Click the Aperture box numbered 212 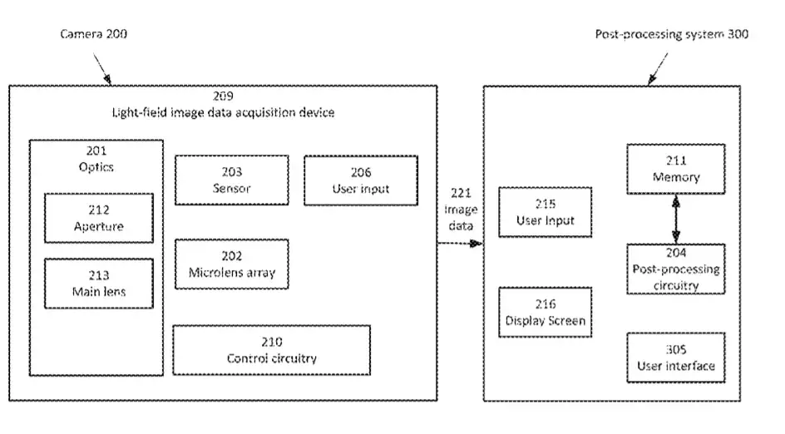[x=99, y=219]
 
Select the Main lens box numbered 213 [x=99, y=284]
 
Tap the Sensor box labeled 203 [x=232, y=180]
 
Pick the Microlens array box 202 [x=232, y=264]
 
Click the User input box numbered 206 [x=361, y=180]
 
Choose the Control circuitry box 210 [x=272, y=350]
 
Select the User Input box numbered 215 [x=546, y=212]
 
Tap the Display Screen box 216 [x=546, y=313]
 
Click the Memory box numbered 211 [x=676, y=170]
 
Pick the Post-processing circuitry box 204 [x=676, y=269]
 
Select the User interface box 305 [x=676, y=358]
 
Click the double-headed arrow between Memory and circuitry [x=676, y=219]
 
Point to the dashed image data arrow [x=460, y=244]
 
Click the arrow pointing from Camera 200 [x=102, y=68]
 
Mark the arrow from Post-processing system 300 [x=658, y=68]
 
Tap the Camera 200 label [x=94, y=34]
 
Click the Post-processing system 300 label [x=671, y=34]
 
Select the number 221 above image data [x=461, y=193]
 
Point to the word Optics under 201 [x=96, y=167]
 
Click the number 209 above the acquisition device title [x=224, y=96]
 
